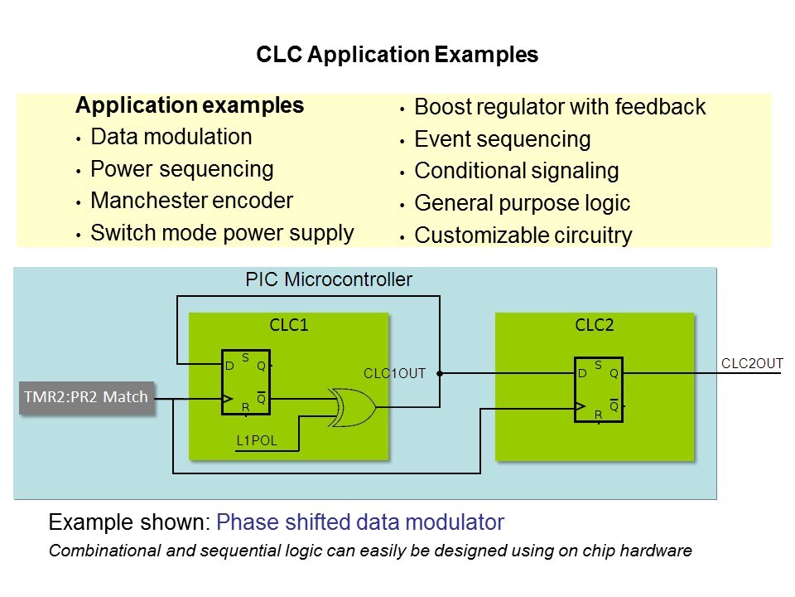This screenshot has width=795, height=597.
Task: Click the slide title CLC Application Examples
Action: [x=397, y=56]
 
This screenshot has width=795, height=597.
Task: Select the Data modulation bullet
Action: [x=171, y=137]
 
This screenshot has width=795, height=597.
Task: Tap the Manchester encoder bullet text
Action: [x=191, y=201]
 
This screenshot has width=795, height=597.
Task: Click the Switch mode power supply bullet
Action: [x=222, y=233]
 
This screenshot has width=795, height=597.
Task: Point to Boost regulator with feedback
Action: [x=560, y=107]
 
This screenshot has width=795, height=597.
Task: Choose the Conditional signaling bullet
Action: [x=516, y=172]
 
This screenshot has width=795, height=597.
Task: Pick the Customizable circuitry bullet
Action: [x=523, y=235]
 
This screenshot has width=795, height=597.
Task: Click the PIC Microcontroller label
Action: [x=329, y=279]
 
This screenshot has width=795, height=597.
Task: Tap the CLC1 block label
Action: [x=289, y=325]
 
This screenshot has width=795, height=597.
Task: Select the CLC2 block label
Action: [x=595, y=325]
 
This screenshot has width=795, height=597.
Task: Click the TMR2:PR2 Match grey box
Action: [x=86, y=397]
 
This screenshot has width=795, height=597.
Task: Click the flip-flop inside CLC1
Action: [x=246, y=383]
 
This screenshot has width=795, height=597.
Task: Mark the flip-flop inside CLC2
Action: [x=599, y=389]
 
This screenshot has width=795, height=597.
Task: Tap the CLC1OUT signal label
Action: [x=394, y=374]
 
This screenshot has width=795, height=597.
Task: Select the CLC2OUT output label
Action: [x=752, y=362]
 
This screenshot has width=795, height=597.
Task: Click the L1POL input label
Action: [x=257, y=441]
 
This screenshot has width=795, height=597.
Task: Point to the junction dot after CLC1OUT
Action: [x=440, y=373]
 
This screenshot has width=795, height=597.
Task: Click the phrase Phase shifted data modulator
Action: [x=359, y=522]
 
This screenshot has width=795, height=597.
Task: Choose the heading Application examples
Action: [x=189, y=106]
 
